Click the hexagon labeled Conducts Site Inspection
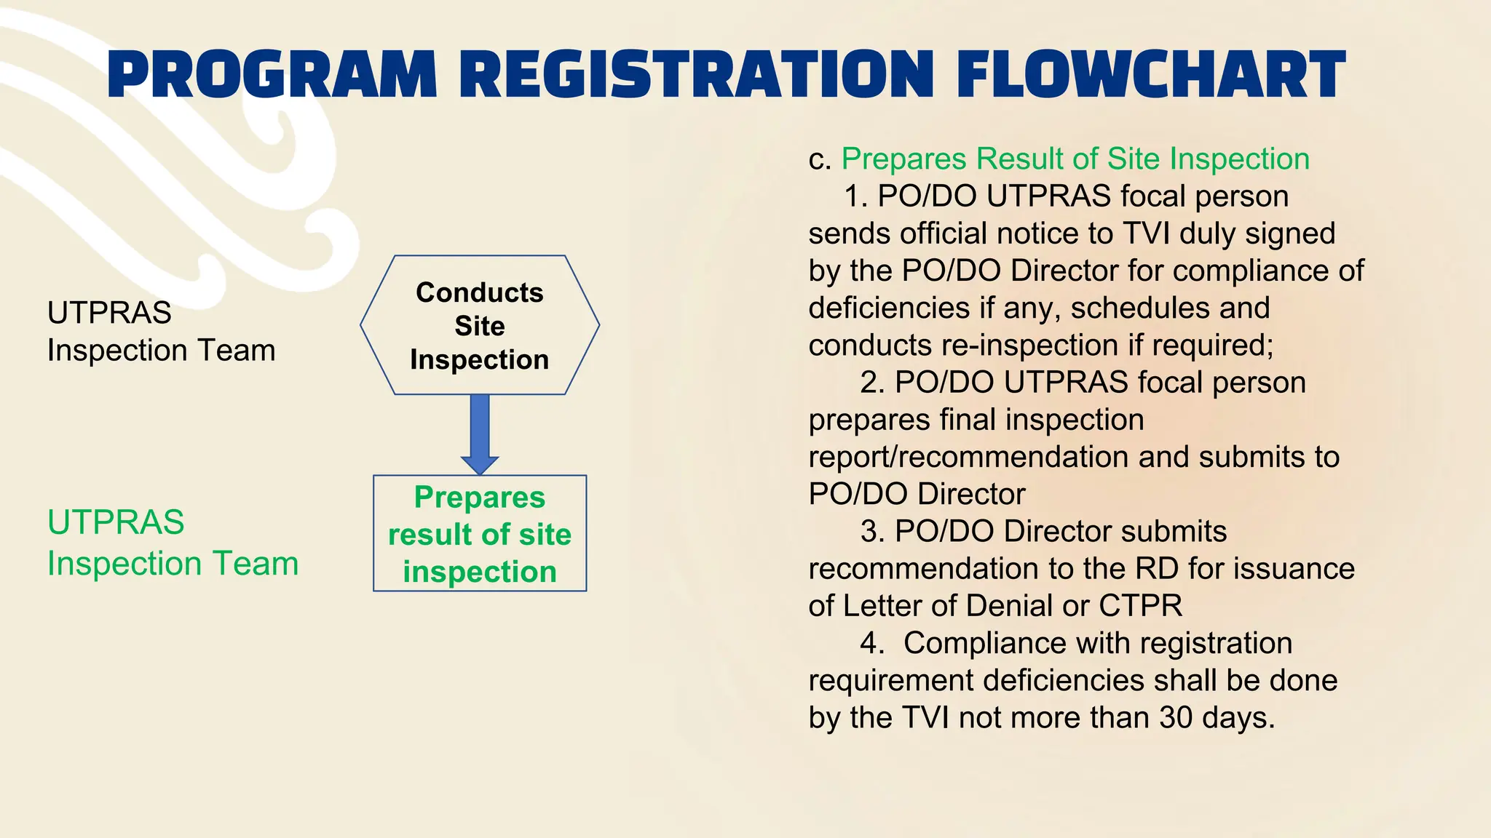point(480,325)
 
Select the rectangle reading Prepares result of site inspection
point(480,534)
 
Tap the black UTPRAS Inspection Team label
point(161,332)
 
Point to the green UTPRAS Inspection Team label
point(173,543)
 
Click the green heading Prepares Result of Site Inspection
point(1075,159)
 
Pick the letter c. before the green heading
point(820,159)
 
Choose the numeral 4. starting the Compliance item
point(871,643)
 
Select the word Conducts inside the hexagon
point(480,292)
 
